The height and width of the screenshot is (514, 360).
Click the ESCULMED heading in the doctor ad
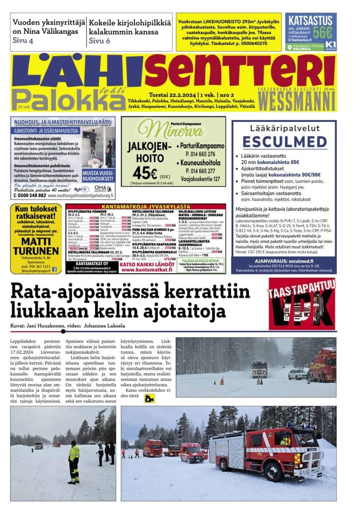coord(284,142)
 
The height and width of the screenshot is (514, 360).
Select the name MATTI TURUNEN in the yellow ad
coord(36,246)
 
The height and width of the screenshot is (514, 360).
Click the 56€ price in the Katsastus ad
coord(322,33)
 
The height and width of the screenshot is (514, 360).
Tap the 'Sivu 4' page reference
coord(23,41)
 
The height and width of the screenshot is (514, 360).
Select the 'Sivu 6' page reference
coord(99,41)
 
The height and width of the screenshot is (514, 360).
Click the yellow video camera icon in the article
coord(150,399)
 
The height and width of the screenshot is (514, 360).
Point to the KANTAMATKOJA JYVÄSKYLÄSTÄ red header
coord(145,207)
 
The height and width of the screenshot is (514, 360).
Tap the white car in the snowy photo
coord(297,374)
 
